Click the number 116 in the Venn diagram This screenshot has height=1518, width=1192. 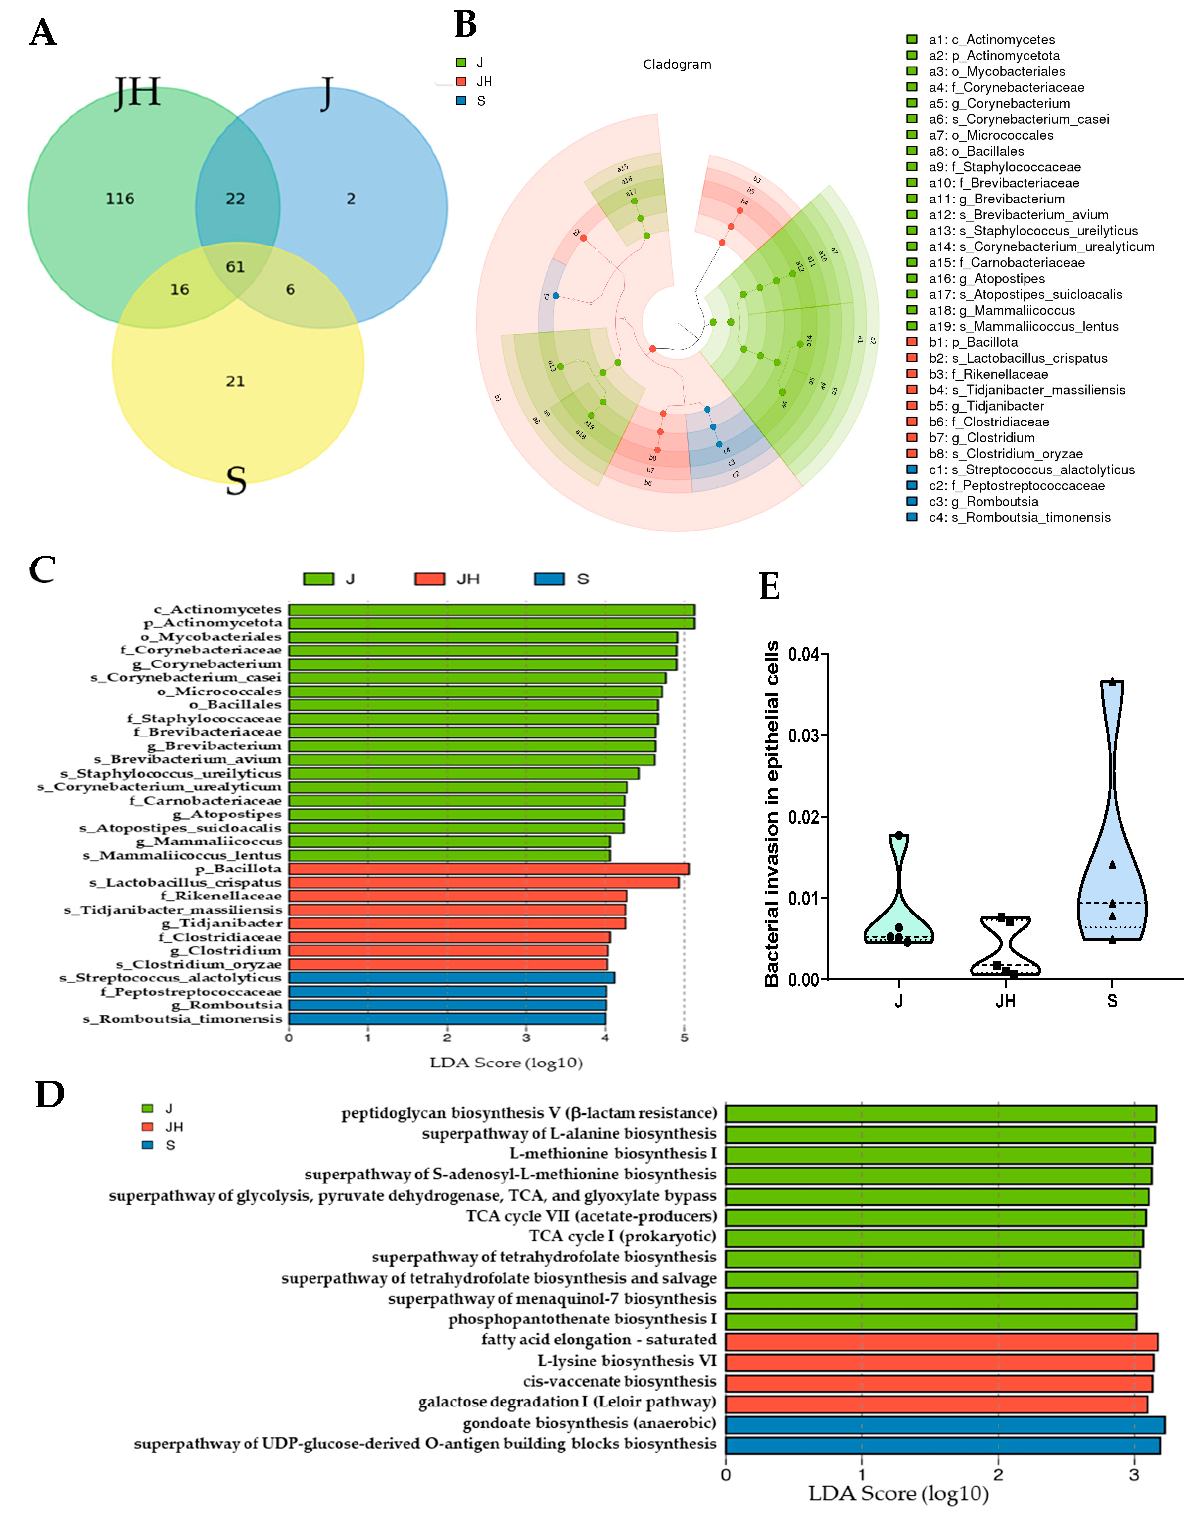(x=120, y=199)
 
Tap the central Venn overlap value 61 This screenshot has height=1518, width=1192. (x=235, y=266)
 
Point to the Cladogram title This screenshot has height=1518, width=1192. (x=677, y=65)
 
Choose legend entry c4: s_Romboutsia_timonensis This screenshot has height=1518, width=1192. (x=1019, y=517)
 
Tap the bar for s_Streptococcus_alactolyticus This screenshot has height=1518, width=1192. (x=452, y=978)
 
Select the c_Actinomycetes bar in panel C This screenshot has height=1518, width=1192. (x=491, y=610)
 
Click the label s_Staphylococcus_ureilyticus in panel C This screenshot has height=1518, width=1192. (x=171, y=773)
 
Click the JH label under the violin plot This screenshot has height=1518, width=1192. (x=1005, y=1001)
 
